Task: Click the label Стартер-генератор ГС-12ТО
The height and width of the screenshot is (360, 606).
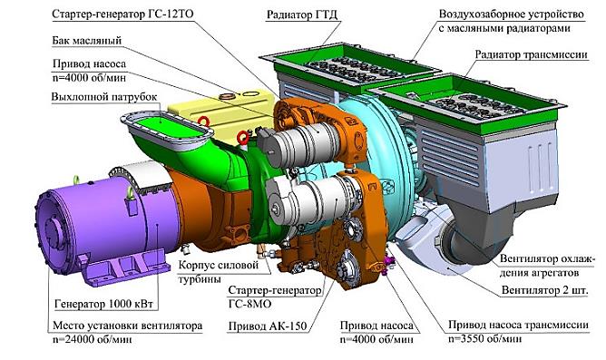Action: pos(122,15)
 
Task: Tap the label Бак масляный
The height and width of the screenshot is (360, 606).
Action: pos(87,41)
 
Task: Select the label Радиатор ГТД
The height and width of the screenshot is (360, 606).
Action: pos(302,15)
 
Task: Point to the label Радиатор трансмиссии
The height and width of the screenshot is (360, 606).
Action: pos(532,54)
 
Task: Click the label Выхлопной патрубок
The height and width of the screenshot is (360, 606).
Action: pos(104,96)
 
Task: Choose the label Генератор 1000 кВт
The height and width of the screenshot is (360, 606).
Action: pos(104,304)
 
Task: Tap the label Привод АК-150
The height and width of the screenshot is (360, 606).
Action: pos(268,326)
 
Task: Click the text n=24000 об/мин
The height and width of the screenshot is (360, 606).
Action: pos(92,339)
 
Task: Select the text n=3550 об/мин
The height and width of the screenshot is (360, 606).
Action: pos(485,339)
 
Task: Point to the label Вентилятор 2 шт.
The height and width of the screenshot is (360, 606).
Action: pos(544,289)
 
